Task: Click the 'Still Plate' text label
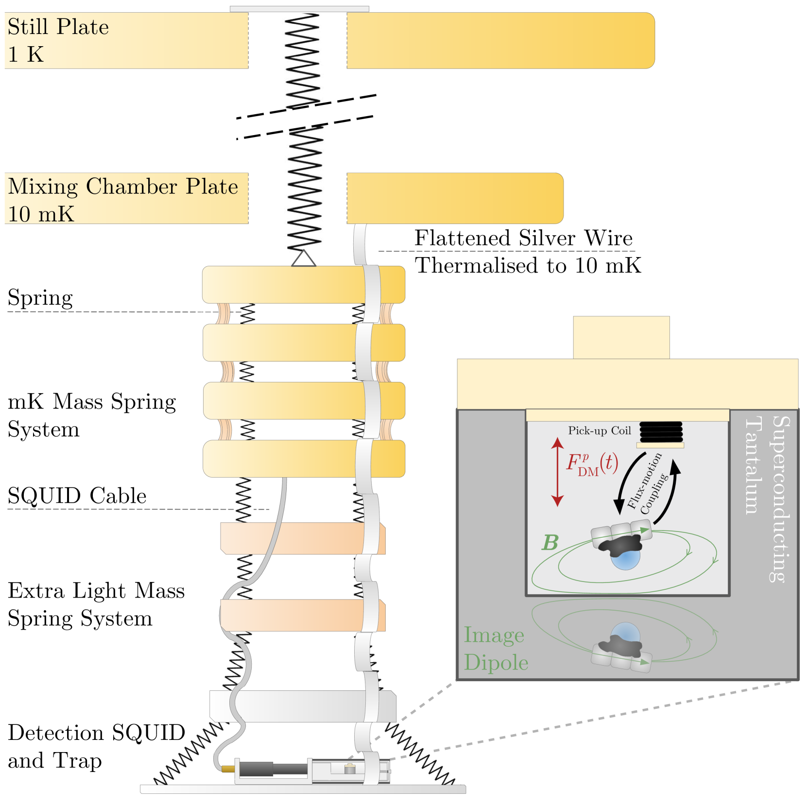click(x=58, y=27)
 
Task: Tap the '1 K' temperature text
click(x=26, y=54)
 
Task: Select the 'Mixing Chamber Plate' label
click(x=123, y=187)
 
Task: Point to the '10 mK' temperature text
click(x=41, y=214)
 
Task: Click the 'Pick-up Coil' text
click(x=599, y=430)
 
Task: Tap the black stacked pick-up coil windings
click(x=661, y=431)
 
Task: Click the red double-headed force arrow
click(x=558, y=472)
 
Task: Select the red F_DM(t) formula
click(x=592, y=464)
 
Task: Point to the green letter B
click(x=550, y=543)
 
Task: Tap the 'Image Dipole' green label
click(x=495, y=649)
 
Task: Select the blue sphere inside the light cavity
click(x=626, y=560)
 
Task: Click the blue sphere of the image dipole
click(x=626, y=632)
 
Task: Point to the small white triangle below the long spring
click(x=304, y=258)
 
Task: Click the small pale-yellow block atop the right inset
click(x=621, y=338)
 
